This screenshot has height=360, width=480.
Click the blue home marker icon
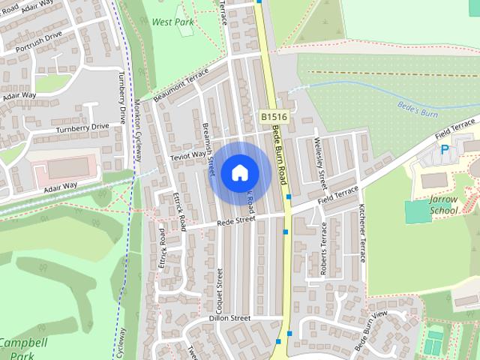point(239,172)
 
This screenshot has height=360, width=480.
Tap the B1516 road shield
point(274,117)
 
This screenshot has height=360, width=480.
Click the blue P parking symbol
point(445,150)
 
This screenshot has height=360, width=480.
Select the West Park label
point(172,22)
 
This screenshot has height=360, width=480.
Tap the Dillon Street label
point(229,318)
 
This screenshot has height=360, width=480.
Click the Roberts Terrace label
point(324,257)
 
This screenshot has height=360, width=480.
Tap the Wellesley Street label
point(320,159)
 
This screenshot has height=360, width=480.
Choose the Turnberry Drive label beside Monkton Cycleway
point(122,97)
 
